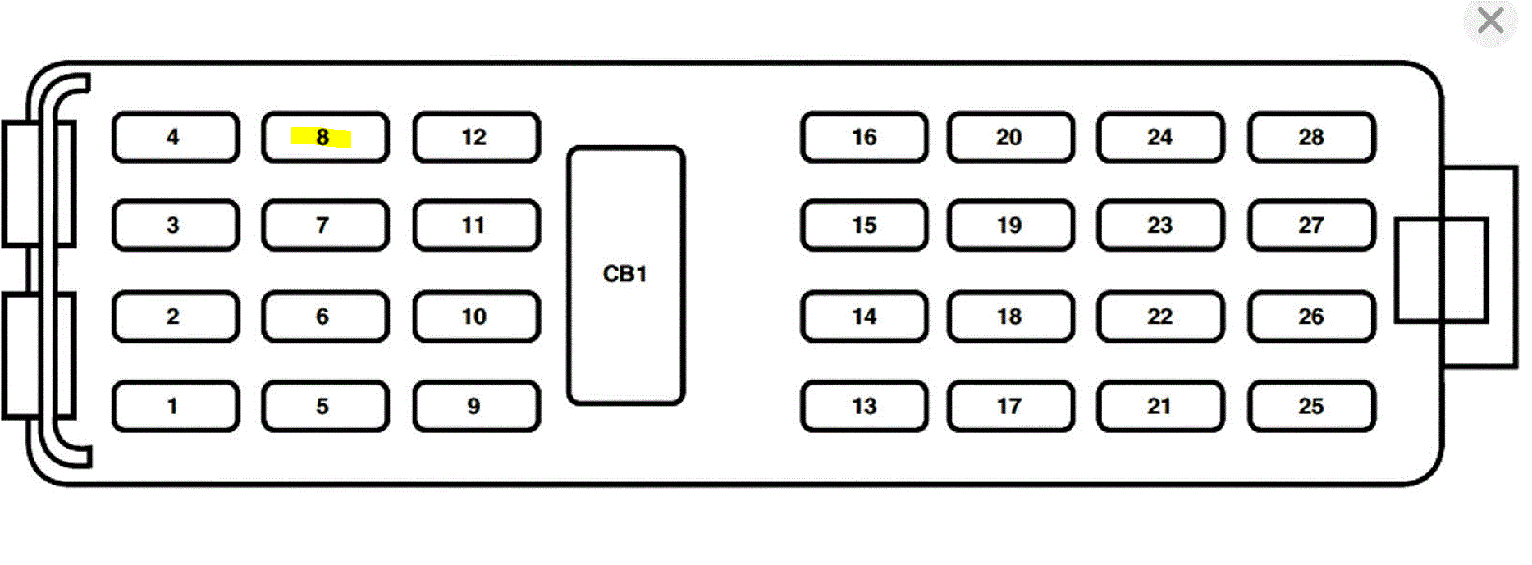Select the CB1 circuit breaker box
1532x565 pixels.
click(625, 275)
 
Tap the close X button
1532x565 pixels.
click(1489, 21)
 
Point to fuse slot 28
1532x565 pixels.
click(1310, 137)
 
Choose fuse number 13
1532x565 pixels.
click(863, 406)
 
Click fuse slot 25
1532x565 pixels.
click(1310, 406)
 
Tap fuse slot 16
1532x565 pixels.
click(863, 137)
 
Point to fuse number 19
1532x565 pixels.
click(1009, 226)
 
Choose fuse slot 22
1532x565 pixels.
click(1159, 317)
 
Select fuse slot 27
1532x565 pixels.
click(1310, 226)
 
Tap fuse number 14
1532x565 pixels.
click(863, 317)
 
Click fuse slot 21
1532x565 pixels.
click(1159, 406)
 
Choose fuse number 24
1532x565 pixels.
click(1159, 137)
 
